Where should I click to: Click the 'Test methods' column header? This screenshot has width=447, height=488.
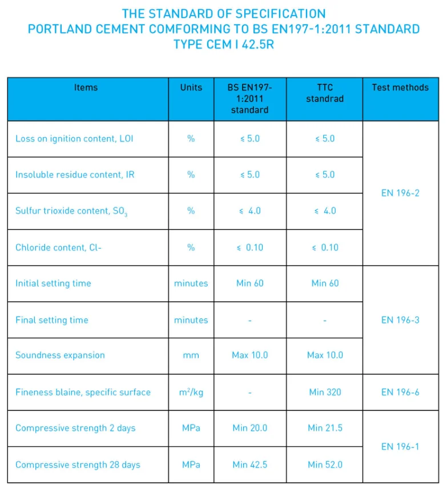tap(400, 87)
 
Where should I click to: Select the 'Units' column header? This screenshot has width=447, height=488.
tap(191, 87)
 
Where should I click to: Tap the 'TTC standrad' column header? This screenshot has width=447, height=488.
tap(325, 93)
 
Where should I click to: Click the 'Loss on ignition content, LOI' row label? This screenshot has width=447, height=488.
tap(74, 139)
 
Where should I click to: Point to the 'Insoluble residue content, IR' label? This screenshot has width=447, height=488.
tap(75, 175)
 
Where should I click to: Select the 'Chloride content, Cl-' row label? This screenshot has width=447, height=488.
tap(58, 247)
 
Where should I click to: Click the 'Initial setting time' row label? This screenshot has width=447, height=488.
tap(53, 283)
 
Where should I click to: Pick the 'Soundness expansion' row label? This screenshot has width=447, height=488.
tap(60, 355)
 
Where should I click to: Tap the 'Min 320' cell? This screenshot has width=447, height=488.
tap(325, 392)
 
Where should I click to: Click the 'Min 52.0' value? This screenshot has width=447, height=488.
tap(325, 465)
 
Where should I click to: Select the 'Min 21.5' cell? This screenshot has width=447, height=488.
tap(325, 427)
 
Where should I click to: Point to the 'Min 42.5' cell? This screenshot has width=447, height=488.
tap(250, 465)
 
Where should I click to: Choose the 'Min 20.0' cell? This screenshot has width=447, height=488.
tap(250, 427)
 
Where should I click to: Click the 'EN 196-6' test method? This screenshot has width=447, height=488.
tap(400, 392)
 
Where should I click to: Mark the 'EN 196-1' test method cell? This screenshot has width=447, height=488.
tap(400, 446)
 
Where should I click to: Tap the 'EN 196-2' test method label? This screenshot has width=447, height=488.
tap(400, 193)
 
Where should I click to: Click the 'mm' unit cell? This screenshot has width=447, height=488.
tap(191, 355)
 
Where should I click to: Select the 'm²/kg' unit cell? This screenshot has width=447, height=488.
tap(191, 392)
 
